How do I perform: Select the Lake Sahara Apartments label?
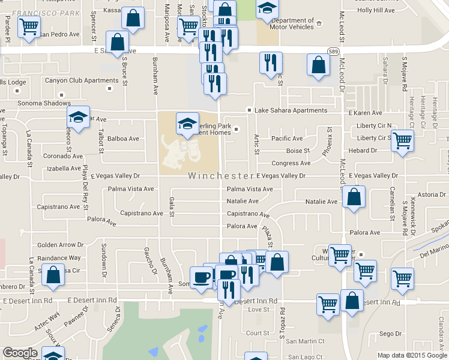coord(291,110)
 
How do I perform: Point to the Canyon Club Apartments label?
coord(76,80)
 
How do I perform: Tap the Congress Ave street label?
coord(291,163)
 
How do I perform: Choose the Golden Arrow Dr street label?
coord(60,245)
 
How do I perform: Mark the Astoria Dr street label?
coord(432,194)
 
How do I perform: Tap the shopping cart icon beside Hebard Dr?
coord(403,141)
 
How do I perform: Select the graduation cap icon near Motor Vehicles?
coord(267,8)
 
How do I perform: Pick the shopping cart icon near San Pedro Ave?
coord(28,27)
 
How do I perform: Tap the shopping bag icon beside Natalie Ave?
coord(354,197)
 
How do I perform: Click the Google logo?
coord(20,353)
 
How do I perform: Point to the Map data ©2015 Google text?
coord(412,355)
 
